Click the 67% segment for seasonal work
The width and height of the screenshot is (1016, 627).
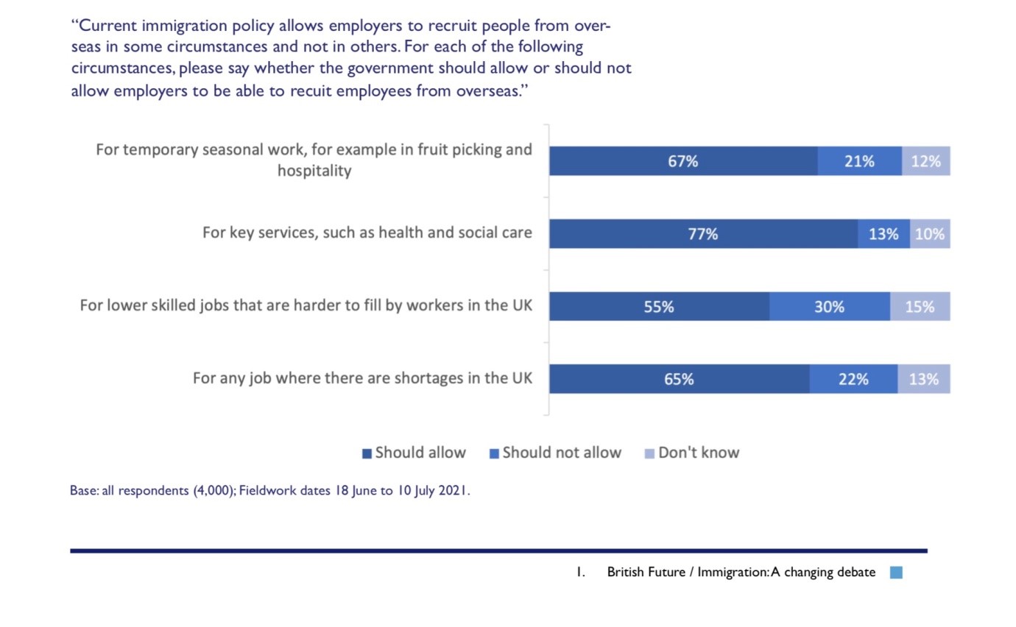(x=683, y=161)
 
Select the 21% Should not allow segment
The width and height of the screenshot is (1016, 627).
(x=859, y=161)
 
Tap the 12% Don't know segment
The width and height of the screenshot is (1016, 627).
(x=925, y=161)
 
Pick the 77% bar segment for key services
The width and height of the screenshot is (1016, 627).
(x=703, y=234)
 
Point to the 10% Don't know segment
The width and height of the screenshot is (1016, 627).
(x=930, y=234)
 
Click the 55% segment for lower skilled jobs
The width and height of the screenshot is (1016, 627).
(x=659, y=307)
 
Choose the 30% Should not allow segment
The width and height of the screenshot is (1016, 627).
(x=829, y=307)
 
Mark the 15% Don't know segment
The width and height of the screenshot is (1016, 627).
(x=920, y=307)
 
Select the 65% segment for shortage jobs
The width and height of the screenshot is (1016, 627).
(x=679, y=379)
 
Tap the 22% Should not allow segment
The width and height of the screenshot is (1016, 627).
(x=853, y=379)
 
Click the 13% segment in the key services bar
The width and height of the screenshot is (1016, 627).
(x=883, y=234)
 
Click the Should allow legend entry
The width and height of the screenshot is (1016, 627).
(x=414, y=453)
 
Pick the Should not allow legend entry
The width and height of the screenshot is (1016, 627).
(x=555, y=453)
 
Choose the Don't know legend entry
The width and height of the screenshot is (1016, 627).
(x=691, y=453)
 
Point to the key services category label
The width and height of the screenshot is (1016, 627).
(x=367, y=233)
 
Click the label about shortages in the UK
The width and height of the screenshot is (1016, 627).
(x=361, y=379)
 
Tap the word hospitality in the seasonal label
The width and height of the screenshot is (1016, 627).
(x=314, y=171)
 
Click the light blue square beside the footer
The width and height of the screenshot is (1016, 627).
(x=896, y=573)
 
